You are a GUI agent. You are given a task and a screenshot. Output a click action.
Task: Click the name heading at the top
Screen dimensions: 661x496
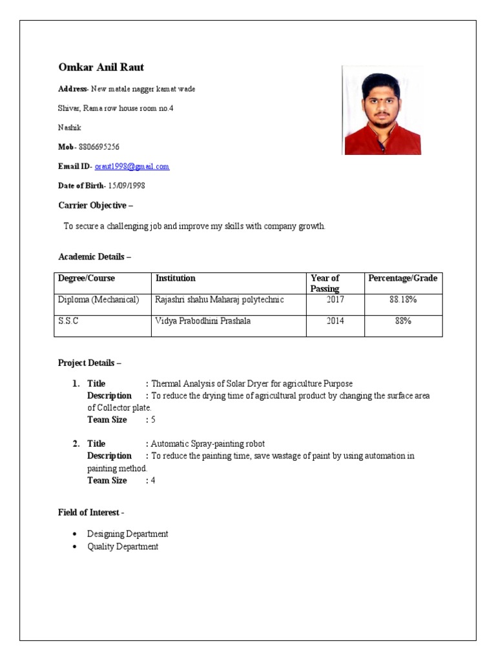click(x=101, y=68)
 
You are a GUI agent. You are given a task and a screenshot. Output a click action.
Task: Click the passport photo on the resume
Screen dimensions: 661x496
click(x=382, y=110)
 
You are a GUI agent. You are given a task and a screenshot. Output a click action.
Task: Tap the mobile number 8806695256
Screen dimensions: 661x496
click(x=98, y=147)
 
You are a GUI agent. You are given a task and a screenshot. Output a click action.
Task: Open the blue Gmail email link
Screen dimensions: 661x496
click(x=132, y=167)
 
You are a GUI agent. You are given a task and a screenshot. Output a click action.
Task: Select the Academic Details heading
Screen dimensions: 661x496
click(x=94, y=257)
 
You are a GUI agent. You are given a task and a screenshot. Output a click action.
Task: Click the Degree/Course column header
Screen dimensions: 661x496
click(x=87, y=278)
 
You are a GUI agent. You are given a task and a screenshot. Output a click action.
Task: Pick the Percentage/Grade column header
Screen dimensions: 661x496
click(x=402, y=278)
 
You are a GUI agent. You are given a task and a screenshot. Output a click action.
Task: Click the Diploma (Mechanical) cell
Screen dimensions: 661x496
click(x=98, y=300)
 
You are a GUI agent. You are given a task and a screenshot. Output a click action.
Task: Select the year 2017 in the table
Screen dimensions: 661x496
click(x=335, y=300)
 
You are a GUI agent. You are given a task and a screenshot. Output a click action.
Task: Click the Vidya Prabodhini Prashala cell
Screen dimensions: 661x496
click(x=203, y=321)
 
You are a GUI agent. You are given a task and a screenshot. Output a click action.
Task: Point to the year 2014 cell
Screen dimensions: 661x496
click(x=335, y=321)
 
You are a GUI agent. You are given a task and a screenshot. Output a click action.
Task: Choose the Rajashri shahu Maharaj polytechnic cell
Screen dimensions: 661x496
click(x=219, y=300)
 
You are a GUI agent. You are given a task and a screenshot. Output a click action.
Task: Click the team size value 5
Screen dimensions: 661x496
click(x=153, y=420)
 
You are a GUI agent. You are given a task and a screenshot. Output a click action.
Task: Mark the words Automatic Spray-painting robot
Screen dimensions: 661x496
click(x=207, y=443)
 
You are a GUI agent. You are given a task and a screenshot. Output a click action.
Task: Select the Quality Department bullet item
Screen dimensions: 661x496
click(x=123, y=547)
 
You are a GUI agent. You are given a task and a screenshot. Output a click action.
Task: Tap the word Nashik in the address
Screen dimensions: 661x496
click(x=70, y=128)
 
